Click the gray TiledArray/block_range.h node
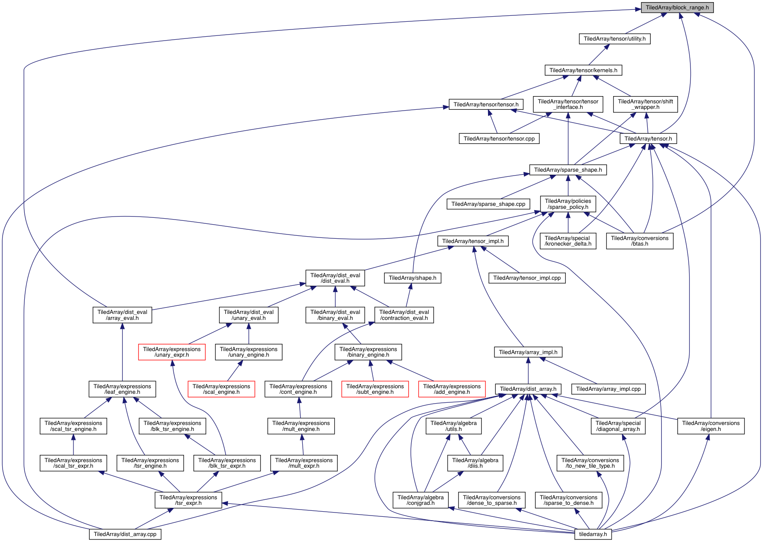coord(677,8)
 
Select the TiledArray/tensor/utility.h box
coord(614,39)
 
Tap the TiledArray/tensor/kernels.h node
coord(583,70)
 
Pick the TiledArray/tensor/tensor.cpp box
coord(499,139)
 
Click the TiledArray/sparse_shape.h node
coord(568,170)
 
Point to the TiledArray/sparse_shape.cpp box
coord(488,204)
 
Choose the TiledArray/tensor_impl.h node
coord(473,241)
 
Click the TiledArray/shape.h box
coord(412,278)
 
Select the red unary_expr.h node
coord(172,352)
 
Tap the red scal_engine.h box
coord(221,389)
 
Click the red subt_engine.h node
coord(375,389)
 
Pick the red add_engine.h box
coord(452,389)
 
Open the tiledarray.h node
coord(593,534)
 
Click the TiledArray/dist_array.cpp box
coord(125,534)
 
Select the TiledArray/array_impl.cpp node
coord(608,389)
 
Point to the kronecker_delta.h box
coord(568,241)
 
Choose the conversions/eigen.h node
coord(710,426)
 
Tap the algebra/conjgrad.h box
coord(420,500)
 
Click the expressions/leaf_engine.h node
coord(122,389)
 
